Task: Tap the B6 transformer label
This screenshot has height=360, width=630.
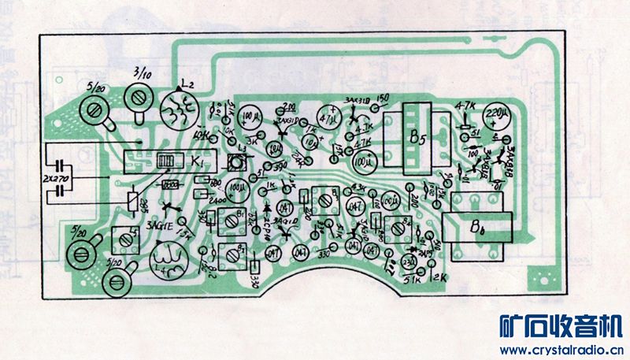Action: (478, 229)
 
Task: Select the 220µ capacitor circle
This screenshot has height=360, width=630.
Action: (499, 116)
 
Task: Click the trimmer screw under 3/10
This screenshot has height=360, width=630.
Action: (141, 98)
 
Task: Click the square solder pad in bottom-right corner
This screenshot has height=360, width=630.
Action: (543, 277)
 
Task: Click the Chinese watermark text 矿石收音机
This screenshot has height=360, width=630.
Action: (561, 326)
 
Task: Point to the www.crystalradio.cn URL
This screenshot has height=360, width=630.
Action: (561, 350)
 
